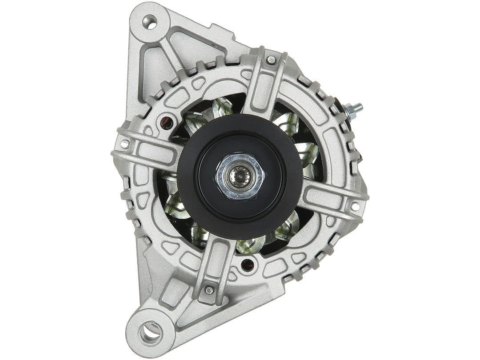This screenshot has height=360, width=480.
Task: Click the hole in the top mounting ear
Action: point(149,22)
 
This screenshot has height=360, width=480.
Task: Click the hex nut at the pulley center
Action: point(240,176)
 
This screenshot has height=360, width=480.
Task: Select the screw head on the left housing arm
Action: point(124,144)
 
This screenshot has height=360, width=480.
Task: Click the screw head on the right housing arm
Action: point(355,206)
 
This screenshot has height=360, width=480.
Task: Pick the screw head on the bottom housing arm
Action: point(208,290)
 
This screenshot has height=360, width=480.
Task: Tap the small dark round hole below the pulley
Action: point(247,265)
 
